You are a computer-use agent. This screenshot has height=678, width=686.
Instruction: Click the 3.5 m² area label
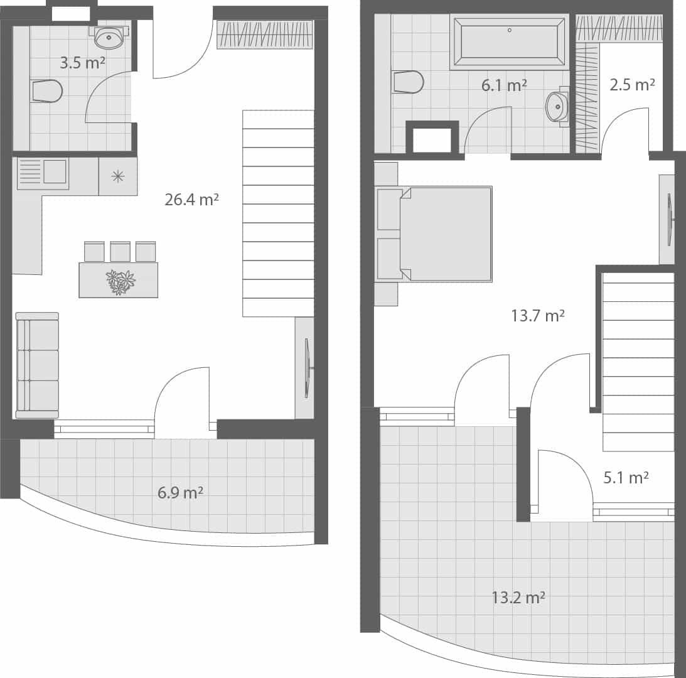tap(82, 63)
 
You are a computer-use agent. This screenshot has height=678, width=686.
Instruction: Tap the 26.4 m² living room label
tap(191, 200)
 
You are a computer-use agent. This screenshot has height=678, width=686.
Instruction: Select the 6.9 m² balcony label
tap(180, 492)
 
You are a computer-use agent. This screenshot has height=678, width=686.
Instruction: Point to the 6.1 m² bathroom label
tap(504, 85)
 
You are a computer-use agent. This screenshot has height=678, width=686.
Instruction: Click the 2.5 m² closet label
tap(632, 84)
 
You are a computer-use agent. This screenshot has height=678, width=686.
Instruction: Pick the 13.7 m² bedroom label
tap(537, 315)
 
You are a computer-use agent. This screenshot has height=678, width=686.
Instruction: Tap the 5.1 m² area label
tap(626, 478)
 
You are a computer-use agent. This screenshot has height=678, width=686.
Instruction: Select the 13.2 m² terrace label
tap(518, 597)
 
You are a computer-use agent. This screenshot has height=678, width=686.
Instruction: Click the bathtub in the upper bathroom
tap(509, 41)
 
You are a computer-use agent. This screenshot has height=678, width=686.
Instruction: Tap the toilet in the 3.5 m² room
tap(46, 91)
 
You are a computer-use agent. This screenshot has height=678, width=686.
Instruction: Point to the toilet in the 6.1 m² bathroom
tap(408, 82)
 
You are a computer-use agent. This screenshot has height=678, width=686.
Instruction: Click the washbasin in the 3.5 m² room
tap(109, 37)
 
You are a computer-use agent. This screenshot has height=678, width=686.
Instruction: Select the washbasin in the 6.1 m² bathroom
tap(557, 107)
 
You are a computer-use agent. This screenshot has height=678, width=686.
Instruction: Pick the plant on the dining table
tap(120, 281)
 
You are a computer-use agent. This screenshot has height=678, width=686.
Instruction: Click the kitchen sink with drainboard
tap(43, 173)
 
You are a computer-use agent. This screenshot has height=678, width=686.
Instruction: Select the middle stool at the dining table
tap(120, 251)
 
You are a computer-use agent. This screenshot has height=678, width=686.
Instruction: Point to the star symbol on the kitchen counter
tap(117, 176)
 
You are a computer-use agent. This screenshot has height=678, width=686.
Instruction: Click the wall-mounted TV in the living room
tap(307, 368)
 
